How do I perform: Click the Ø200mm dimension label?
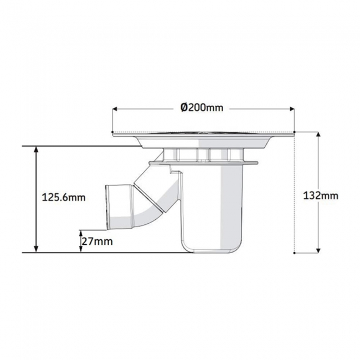click(202, 107)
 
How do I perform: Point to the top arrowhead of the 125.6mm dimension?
click(36, 149)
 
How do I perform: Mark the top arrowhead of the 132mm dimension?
click(320, 135)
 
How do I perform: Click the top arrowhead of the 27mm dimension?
click(81, 233)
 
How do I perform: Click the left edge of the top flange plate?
click(113, 133)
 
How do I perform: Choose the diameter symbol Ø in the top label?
click(184, 107)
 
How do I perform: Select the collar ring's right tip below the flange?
click(256, 162)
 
